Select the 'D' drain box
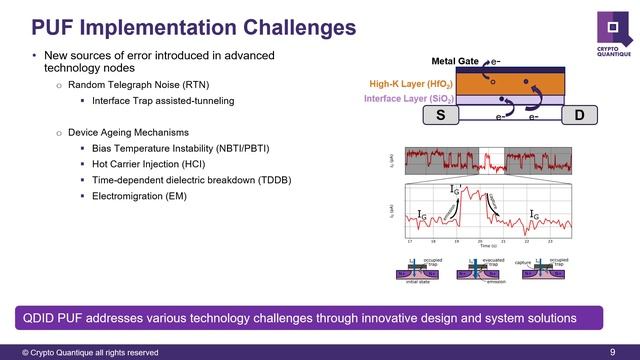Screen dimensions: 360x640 point(580,115)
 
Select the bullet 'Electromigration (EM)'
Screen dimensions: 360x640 point(139,196)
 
